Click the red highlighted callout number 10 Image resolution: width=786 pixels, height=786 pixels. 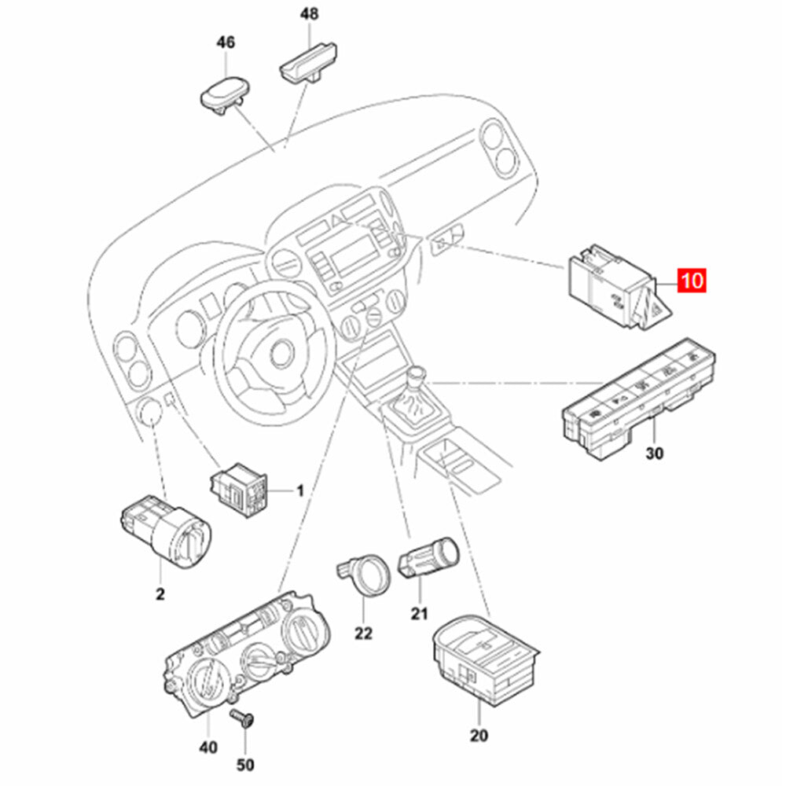(692, 281)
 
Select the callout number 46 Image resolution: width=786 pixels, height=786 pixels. (226, 43)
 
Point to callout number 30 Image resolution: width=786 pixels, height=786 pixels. (655, 454)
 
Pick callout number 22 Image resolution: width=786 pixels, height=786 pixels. (363, 633)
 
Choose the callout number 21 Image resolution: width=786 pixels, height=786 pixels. (419, 614)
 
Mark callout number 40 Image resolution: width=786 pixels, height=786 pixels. (208, 747)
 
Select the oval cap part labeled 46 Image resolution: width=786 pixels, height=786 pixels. (223, 93)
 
